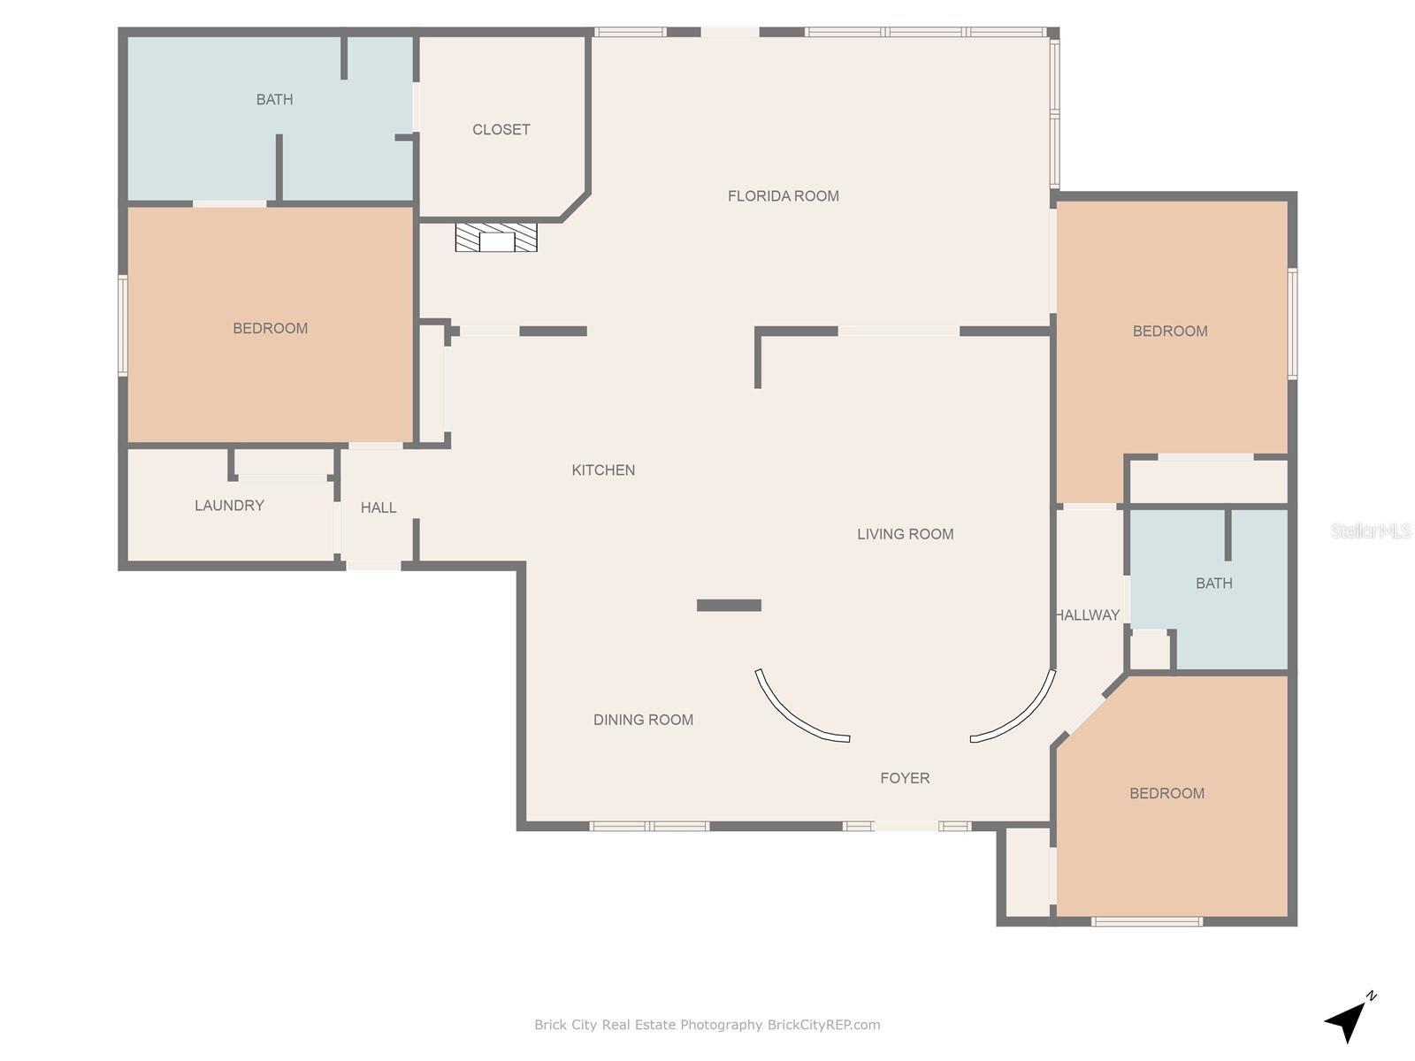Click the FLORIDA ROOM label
coord(783,195)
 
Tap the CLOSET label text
coord(501,129)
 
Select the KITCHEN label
coord(603,470)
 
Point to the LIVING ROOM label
coord(905,534)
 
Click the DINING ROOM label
coord(643,720)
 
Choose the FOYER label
coord(905,778)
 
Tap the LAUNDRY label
coord(229,506)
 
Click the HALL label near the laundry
coord(379,508)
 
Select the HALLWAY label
coord(1088,615)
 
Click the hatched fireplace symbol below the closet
coord(496,237)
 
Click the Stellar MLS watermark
coord(1371,530)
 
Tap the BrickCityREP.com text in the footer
coord(823,1024)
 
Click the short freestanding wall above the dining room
coord(729,605)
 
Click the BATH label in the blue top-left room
coord(275,99)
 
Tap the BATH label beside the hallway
coord(1214,583)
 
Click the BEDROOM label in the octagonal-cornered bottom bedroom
coord(1166,793)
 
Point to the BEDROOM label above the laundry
coord(270,328)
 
